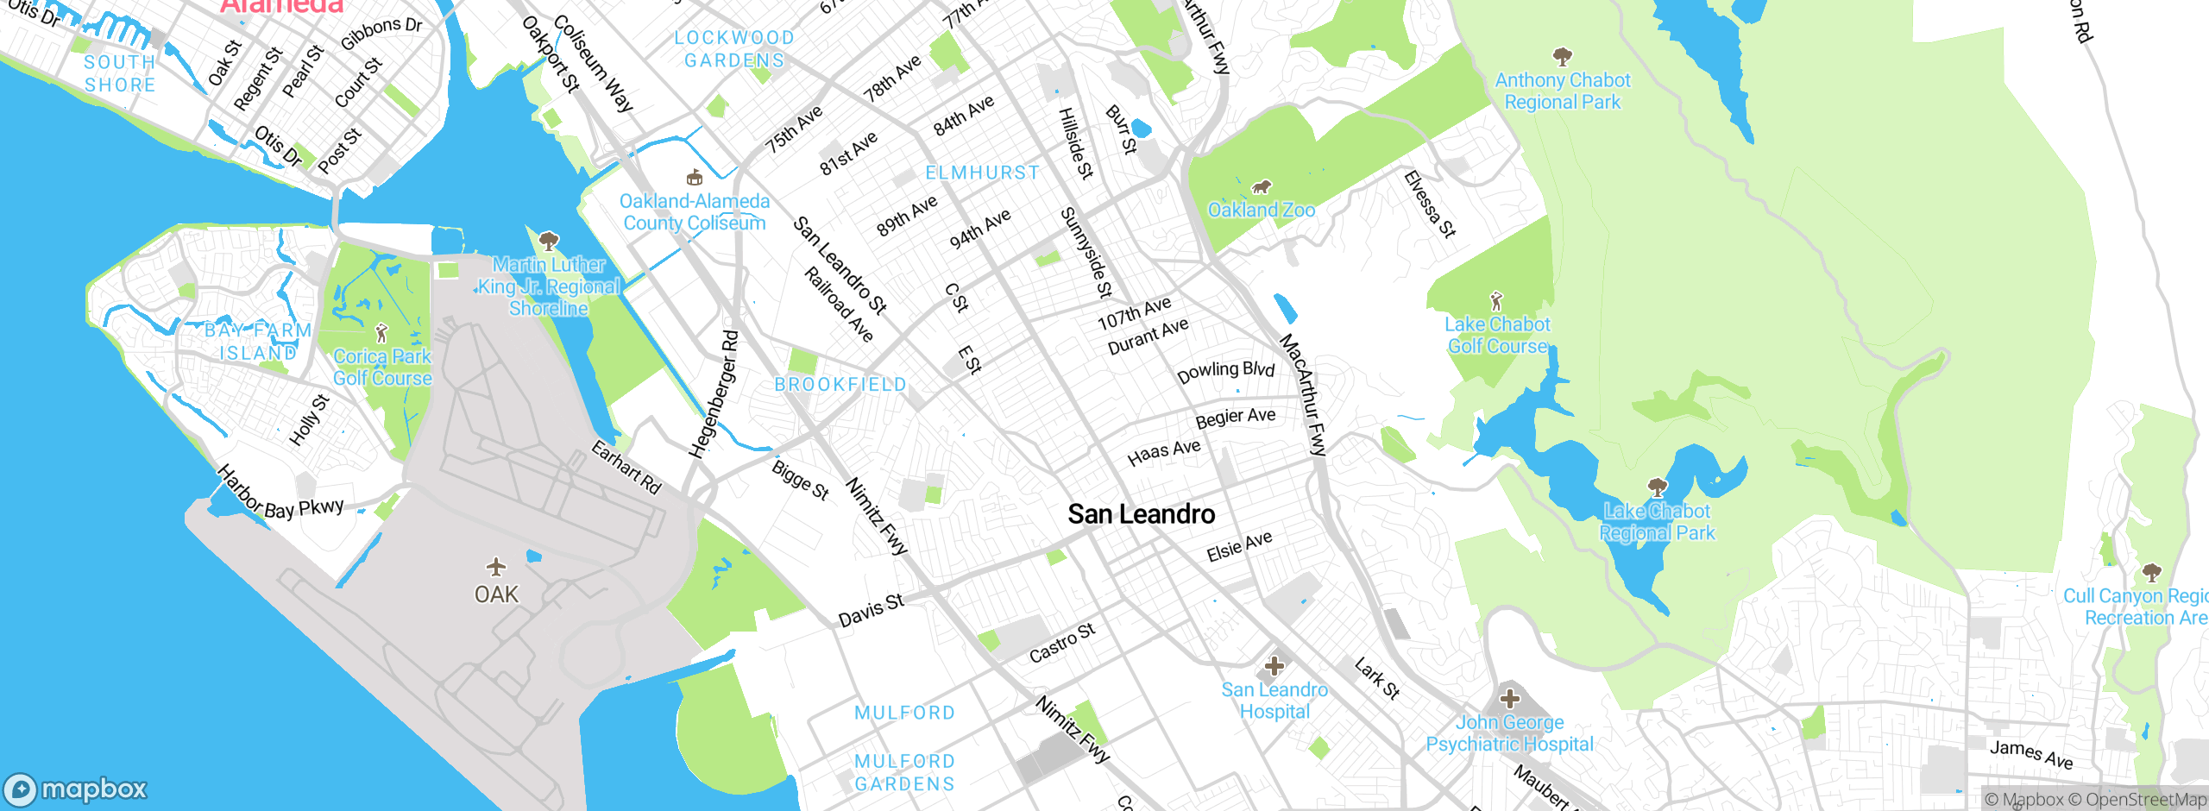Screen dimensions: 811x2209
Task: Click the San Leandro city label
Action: click(1141, 514)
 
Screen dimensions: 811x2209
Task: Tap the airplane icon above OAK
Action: click(495, 567)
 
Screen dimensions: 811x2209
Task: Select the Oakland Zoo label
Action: click(1261, 210)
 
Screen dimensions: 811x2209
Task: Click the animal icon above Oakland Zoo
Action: click(1262, 187)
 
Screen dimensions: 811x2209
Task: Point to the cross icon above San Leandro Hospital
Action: click(1274, 666)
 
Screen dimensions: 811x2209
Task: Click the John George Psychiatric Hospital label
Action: click(1509, 733)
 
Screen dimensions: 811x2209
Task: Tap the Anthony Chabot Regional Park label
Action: click(1562, 91)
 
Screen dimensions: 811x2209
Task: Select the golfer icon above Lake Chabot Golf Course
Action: click(1496, 301)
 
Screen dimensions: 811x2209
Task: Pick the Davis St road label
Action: click(871, 610)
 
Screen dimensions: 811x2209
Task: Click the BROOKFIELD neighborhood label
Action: click(840, 385)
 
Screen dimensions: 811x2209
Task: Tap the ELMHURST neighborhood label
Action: click(982, 173)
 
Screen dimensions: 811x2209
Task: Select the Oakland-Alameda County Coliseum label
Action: click(694, 212)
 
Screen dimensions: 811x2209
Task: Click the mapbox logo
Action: click(76, 789)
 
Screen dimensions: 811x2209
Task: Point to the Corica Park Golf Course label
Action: click(382, 367)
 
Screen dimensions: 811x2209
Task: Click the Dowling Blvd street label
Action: click(1225, 372)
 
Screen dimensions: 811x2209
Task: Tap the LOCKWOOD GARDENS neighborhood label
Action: click(734, 49)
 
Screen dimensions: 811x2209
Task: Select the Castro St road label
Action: click(1062, 643)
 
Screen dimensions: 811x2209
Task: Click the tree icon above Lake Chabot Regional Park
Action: click(1657, 487)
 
